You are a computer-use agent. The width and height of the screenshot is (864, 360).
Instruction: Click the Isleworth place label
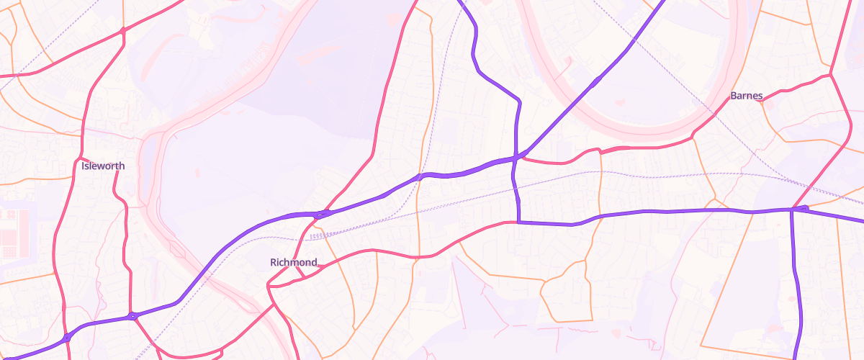click(103, 166)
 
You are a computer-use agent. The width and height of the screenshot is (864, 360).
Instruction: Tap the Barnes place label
click(746, 96)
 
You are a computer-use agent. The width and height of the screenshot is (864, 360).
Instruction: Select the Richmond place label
click(293, 262)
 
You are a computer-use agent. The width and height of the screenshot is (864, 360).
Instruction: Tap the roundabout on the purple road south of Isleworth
click(132, 315)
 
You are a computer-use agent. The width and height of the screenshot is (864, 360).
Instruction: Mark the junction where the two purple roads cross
click(517, 156)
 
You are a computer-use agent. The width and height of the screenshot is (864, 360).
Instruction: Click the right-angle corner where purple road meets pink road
click(518, 222)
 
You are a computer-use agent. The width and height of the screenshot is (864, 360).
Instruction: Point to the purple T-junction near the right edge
click(792, 210)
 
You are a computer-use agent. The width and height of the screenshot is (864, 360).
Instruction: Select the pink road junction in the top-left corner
click(123, 31)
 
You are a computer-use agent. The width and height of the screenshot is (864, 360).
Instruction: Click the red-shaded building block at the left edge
click(9, 234)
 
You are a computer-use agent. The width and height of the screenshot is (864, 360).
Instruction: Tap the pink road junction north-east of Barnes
click(831, 74)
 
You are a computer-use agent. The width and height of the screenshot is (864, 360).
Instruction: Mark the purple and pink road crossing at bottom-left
click(66, 337)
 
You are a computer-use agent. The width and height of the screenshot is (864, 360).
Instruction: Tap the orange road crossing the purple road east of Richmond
click(419, 176)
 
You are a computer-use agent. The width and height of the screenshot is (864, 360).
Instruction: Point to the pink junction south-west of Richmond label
click(268, 287)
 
